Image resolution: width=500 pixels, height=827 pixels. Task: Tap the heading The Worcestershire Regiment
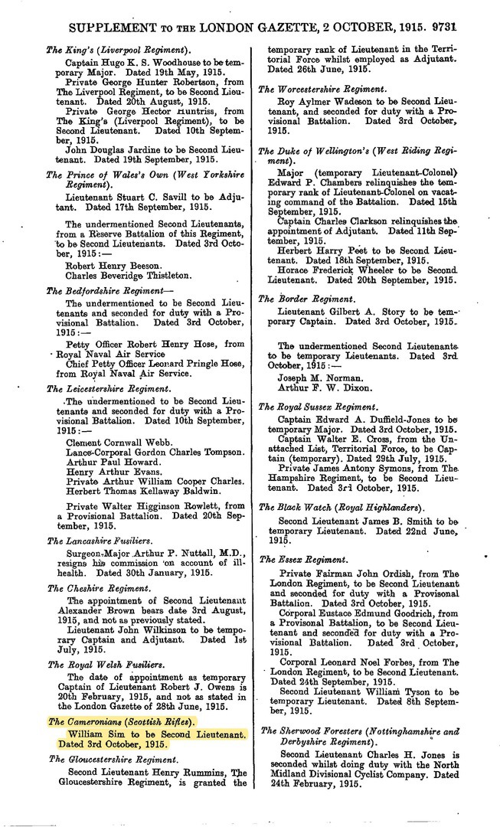click(322, 90)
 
